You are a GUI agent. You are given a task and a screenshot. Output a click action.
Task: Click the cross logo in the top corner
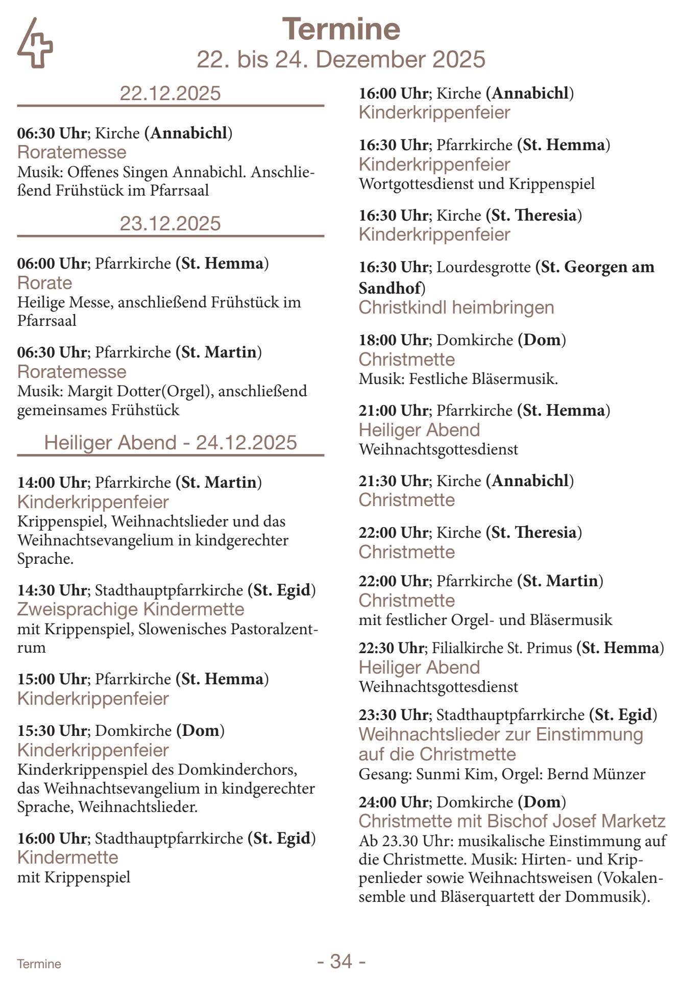35,43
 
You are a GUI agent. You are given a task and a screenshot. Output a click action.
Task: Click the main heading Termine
341,29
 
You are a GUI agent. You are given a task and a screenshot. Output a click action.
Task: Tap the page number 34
341,961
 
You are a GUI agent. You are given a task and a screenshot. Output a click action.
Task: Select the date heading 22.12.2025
170,93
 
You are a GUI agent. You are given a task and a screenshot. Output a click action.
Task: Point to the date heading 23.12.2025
170,224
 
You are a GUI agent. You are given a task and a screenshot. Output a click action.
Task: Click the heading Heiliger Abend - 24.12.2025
170,442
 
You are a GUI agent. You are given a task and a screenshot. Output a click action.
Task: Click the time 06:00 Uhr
52,264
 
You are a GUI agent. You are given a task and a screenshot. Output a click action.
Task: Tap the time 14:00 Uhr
52,482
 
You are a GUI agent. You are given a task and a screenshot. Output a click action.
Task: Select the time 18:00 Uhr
394,340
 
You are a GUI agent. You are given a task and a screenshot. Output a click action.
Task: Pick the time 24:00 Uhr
394,802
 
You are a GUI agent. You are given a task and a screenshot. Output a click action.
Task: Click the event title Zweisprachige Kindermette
131,609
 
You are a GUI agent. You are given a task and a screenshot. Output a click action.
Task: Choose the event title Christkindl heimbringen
456,307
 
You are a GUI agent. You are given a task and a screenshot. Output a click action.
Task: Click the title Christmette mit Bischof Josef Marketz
512,821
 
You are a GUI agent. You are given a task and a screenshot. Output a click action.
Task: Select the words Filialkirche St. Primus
502,648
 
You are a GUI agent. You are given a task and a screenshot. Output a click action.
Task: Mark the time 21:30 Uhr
394,481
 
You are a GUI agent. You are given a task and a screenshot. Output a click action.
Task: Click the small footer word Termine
39,964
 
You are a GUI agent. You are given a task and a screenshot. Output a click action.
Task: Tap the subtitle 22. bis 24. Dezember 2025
341,59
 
